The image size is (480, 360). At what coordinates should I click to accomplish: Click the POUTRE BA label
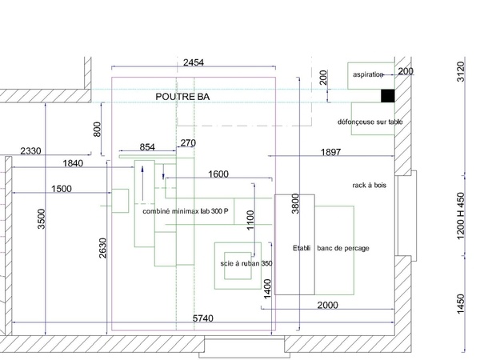[182, 97]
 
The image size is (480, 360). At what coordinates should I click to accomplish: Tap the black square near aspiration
[387, 96]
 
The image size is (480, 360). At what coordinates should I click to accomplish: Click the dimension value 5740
[204, 318]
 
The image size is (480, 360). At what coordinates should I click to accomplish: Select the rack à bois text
[369, 185]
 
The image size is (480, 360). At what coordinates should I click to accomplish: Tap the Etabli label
[302, 248]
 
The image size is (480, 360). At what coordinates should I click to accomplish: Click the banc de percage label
[343, 248]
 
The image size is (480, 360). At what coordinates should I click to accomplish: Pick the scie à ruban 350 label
[246, 263]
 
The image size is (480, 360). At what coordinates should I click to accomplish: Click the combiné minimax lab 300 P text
[185, 211]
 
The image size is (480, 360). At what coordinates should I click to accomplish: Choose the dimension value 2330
[31, 151]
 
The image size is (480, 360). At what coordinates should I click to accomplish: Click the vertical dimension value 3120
[459, 72]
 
